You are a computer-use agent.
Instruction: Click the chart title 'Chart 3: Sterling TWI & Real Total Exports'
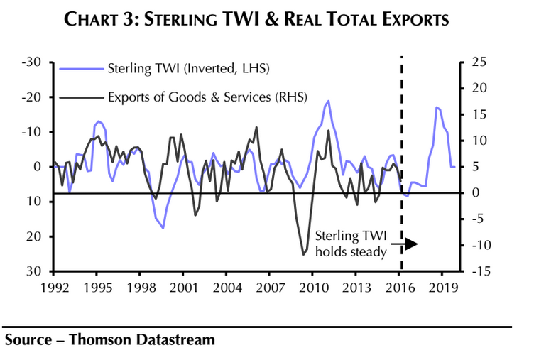(x=256, y=18)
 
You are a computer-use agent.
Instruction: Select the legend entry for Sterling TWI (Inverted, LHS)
(x=188, y=69)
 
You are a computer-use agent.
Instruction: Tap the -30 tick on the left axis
(x=34, y=62)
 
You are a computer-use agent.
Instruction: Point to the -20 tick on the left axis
(x=34, y=97)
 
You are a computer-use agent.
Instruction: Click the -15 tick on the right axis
(x=479, y=271)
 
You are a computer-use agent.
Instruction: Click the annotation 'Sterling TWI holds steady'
(x=350, y=244)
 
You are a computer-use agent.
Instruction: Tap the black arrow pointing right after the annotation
(x=410, y=244)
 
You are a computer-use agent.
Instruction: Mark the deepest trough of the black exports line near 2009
(x=304, y=254)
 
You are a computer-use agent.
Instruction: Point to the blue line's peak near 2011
(x=328, y=101)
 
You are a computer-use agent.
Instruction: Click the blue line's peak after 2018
(x=437, y=107)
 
